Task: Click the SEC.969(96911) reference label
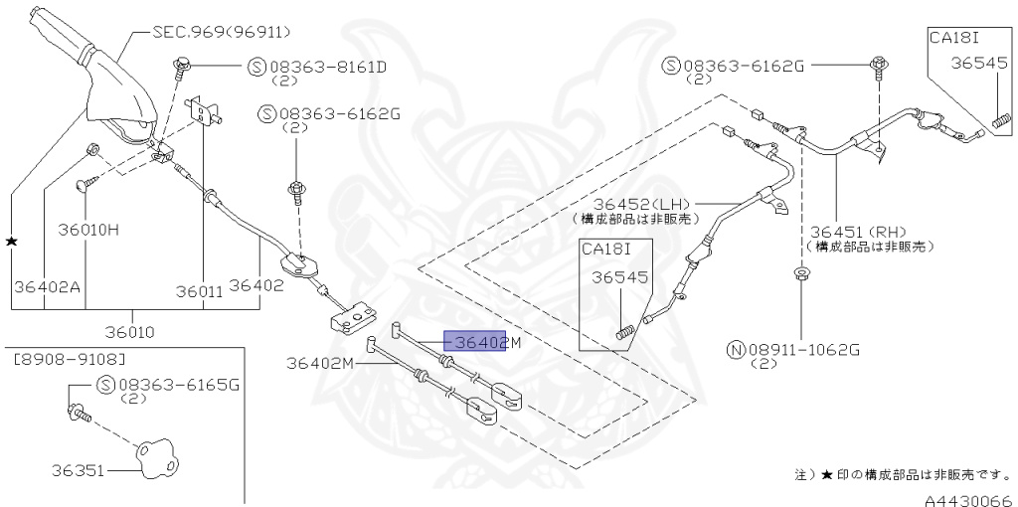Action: pyautogui.click(x=208, y=32)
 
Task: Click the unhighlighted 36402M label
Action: pyautogui.click(x=320, y=363)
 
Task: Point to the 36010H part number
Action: pyautogui.click(x=85, y=230)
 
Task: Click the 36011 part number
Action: pyautogui.click(x=200, y=291)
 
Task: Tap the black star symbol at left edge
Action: pyautogui.click(x=12, y=242)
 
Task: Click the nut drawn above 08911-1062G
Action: pyautogui.click(x=801, y=273)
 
